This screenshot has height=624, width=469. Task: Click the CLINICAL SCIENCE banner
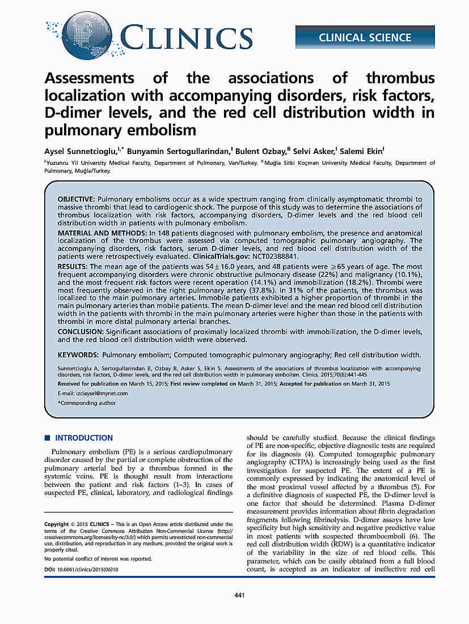pos(365,37)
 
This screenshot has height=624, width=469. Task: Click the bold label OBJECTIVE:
pos(77,200)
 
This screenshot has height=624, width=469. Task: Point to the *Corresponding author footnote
pos(87,403)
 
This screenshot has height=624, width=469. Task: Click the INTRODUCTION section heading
pos(84,438)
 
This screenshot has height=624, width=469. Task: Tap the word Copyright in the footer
pos(57,524)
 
